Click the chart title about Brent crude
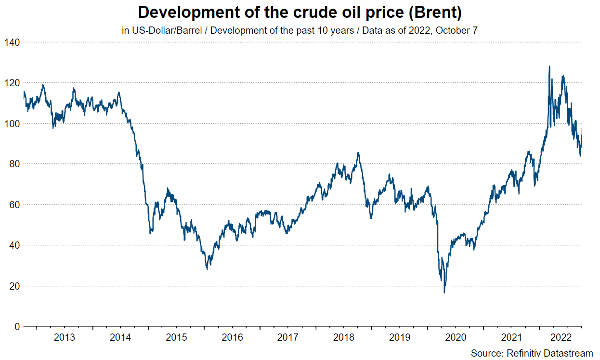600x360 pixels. pos(300,12)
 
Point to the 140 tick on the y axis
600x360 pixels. pos(12,42)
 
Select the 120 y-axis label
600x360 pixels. pos(12,83)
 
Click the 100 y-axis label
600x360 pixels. pos(12,123)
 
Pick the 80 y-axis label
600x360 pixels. pos(13,164)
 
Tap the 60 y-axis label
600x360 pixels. pos(13,205)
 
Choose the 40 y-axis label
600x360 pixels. pos(13,245)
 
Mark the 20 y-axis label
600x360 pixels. pos(13,286)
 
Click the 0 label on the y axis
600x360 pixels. pos(16,327)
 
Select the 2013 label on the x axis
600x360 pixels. pos(65,337)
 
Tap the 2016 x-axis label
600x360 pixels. pos(232,337)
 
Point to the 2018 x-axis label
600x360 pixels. pos(344,337)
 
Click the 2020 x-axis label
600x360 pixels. pos(456,337)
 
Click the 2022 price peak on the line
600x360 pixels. pos(549,67)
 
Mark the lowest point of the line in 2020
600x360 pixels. pos(444,292)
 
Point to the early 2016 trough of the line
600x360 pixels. pos(207,269)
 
